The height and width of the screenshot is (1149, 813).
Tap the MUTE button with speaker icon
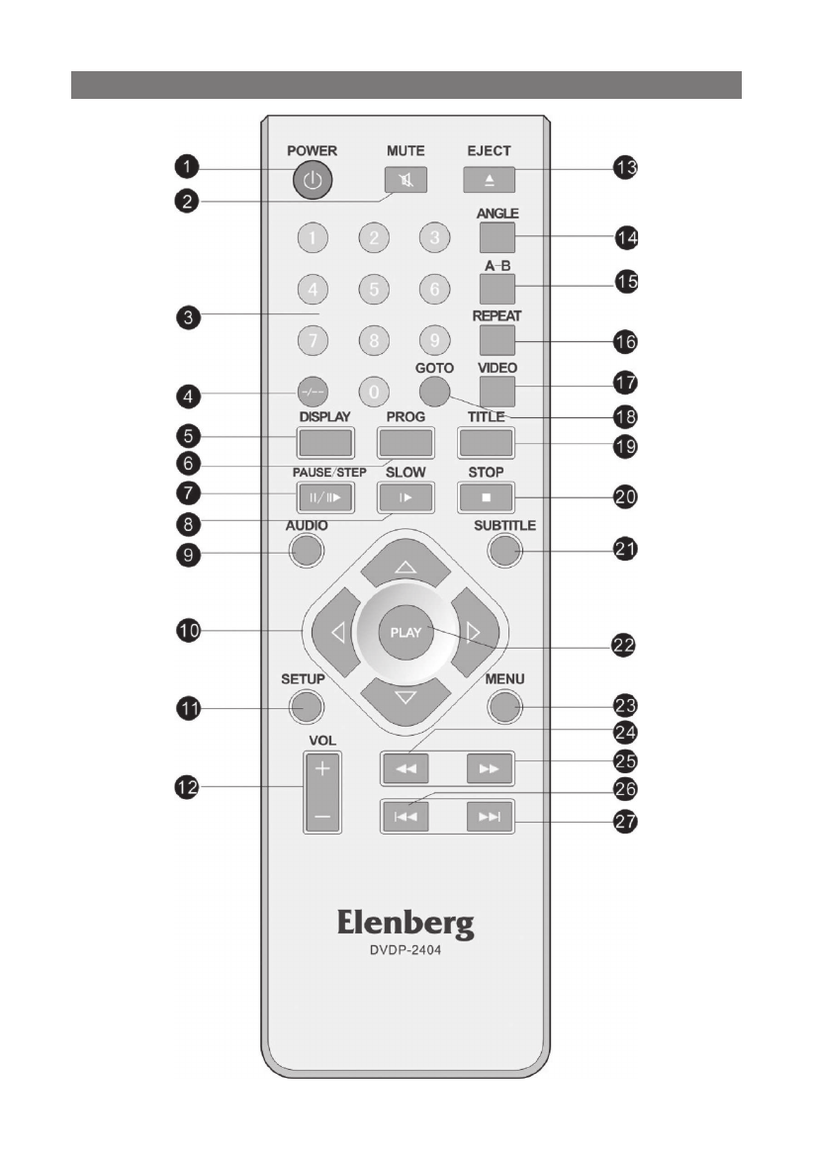tap(401, 180)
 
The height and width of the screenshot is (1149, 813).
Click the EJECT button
tap(487, 180)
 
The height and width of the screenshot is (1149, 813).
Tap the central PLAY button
tap(406, 632)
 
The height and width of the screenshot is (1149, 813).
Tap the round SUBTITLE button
tap(503, 549)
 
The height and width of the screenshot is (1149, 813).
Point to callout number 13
tap(624, 169)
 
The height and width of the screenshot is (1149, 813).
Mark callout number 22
tap(624, 646)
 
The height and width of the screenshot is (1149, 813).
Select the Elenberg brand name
tap(406, 925)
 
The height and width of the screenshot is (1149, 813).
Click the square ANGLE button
tap(498, 236)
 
